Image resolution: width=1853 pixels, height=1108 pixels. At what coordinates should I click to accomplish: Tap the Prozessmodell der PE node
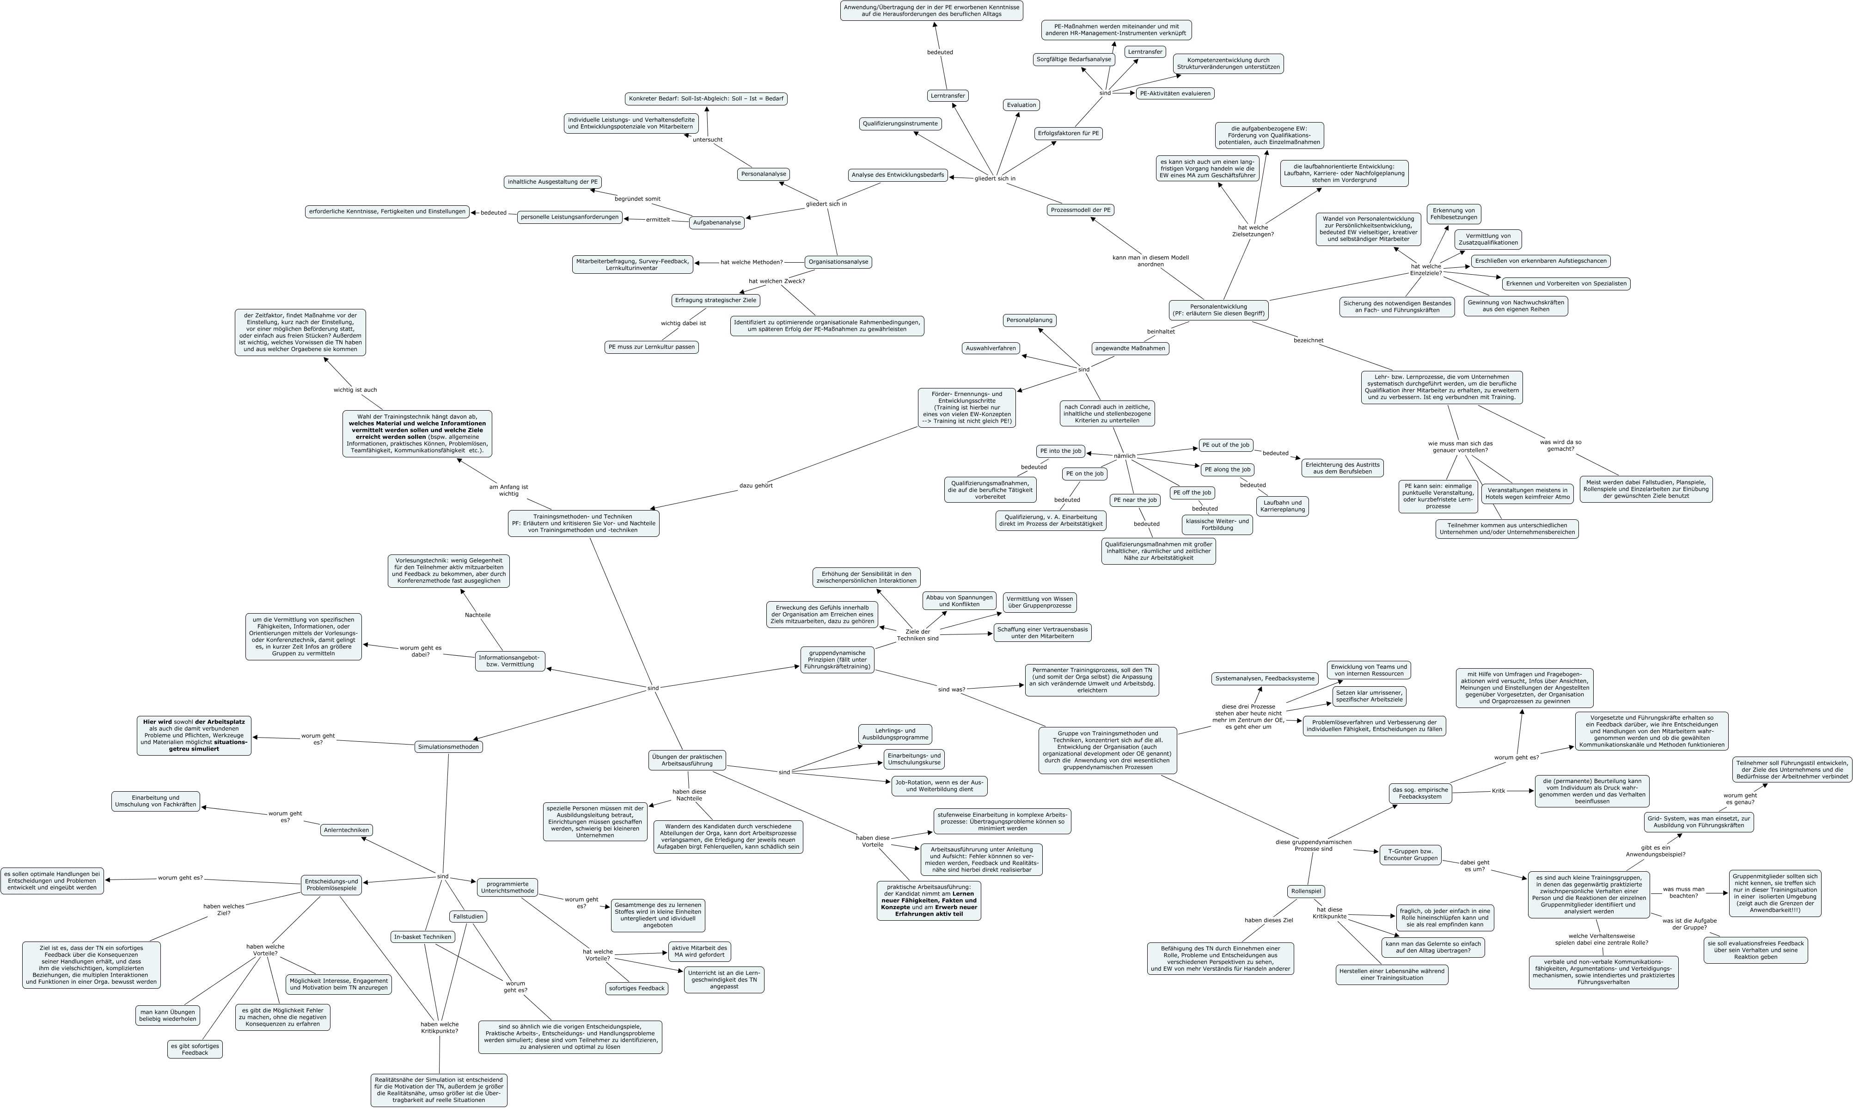(1080, 210)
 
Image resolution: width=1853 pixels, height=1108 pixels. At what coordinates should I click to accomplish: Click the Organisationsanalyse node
(838, 262)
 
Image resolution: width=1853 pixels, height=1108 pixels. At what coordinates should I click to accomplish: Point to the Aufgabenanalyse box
(716, 222)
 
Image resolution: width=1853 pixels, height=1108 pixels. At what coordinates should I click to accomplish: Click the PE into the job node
(1060, 451)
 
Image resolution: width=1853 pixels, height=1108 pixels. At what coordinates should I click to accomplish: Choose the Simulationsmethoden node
(448, 747)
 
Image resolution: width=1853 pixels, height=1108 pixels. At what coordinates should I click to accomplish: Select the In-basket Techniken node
(422, 937)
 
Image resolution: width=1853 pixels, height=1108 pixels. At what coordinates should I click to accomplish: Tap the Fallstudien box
(468, 916)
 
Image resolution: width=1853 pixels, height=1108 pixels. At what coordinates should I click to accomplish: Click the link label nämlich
(1124, 456)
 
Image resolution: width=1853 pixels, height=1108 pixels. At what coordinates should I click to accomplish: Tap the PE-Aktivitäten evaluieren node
(1174, 93)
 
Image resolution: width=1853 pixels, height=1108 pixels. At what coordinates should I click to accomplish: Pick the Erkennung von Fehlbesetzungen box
(1453, 214)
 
